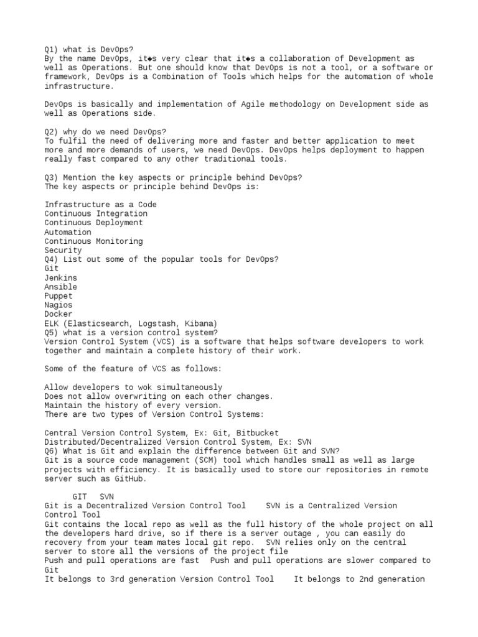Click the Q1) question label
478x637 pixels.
[x=52, y=49]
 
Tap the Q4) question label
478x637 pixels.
[x=52, y=259]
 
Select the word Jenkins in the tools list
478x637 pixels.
[x=61, y=277]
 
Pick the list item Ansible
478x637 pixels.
[x=61, y=287]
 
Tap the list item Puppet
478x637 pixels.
[x=59, y=296]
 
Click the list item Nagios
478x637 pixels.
[x=59, y=305]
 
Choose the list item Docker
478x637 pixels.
[x=59, y=314]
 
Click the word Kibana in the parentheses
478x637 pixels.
[x=199, y=323]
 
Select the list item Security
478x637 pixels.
[x=63, y=250]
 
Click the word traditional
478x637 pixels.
[x=228, y=159]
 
